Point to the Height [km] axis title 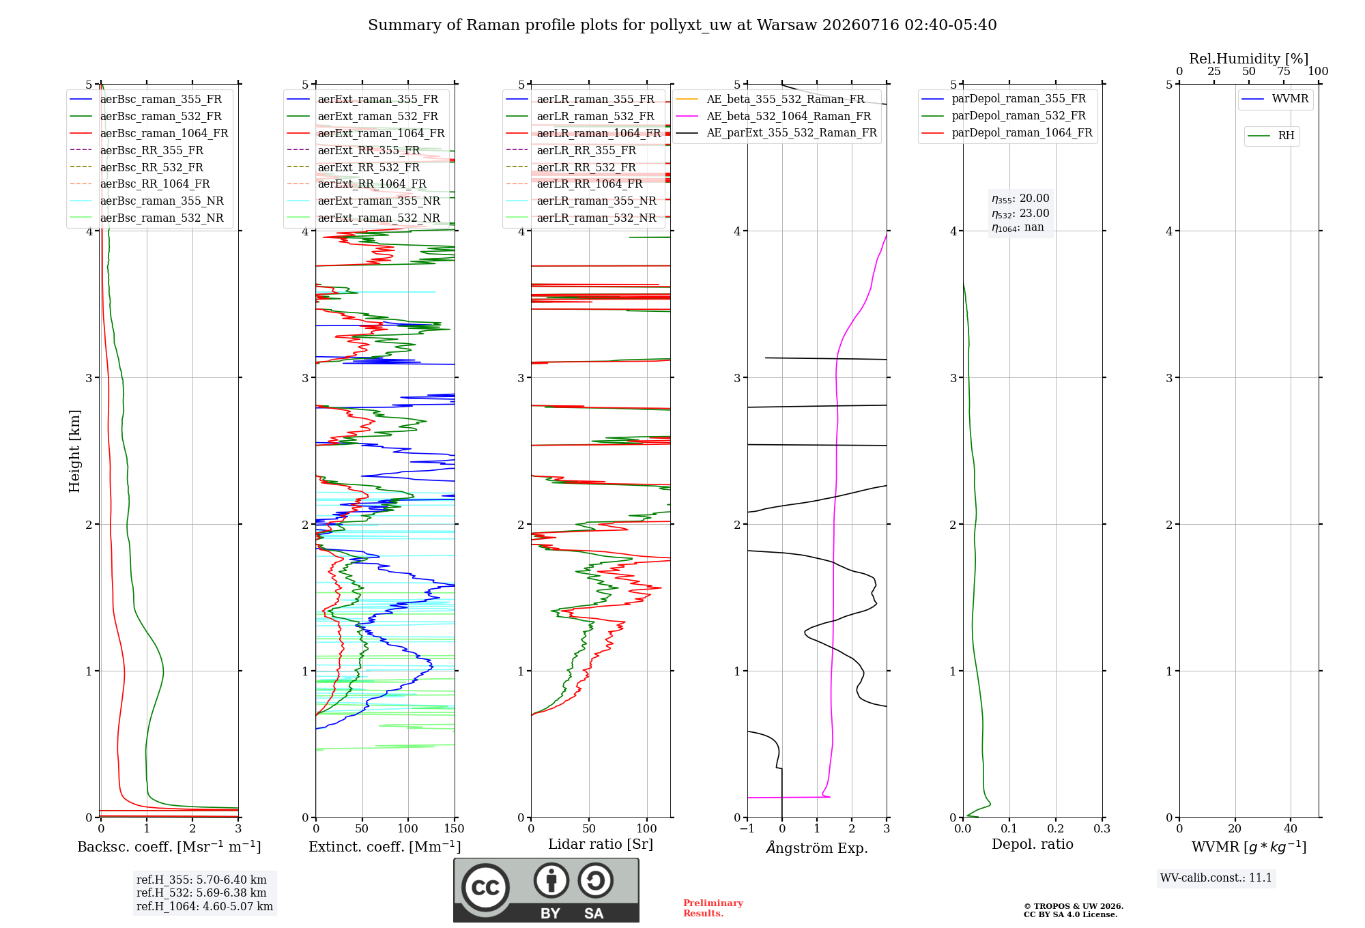74,451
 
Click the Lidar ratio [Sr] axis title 601,844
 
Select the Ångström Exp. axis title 817,847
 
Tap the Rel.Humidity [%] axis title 1249,59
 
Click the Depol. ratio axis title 1033,844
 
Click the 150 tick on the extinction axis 454,828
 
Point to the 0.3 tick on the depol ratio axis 1102,828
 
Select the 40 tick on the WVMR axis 1291,828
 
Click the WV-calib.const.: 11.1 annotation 1216,878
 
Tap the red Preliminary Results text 713,908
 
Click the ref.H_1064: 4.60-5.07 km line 205,906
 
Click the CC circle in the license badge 485,888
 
